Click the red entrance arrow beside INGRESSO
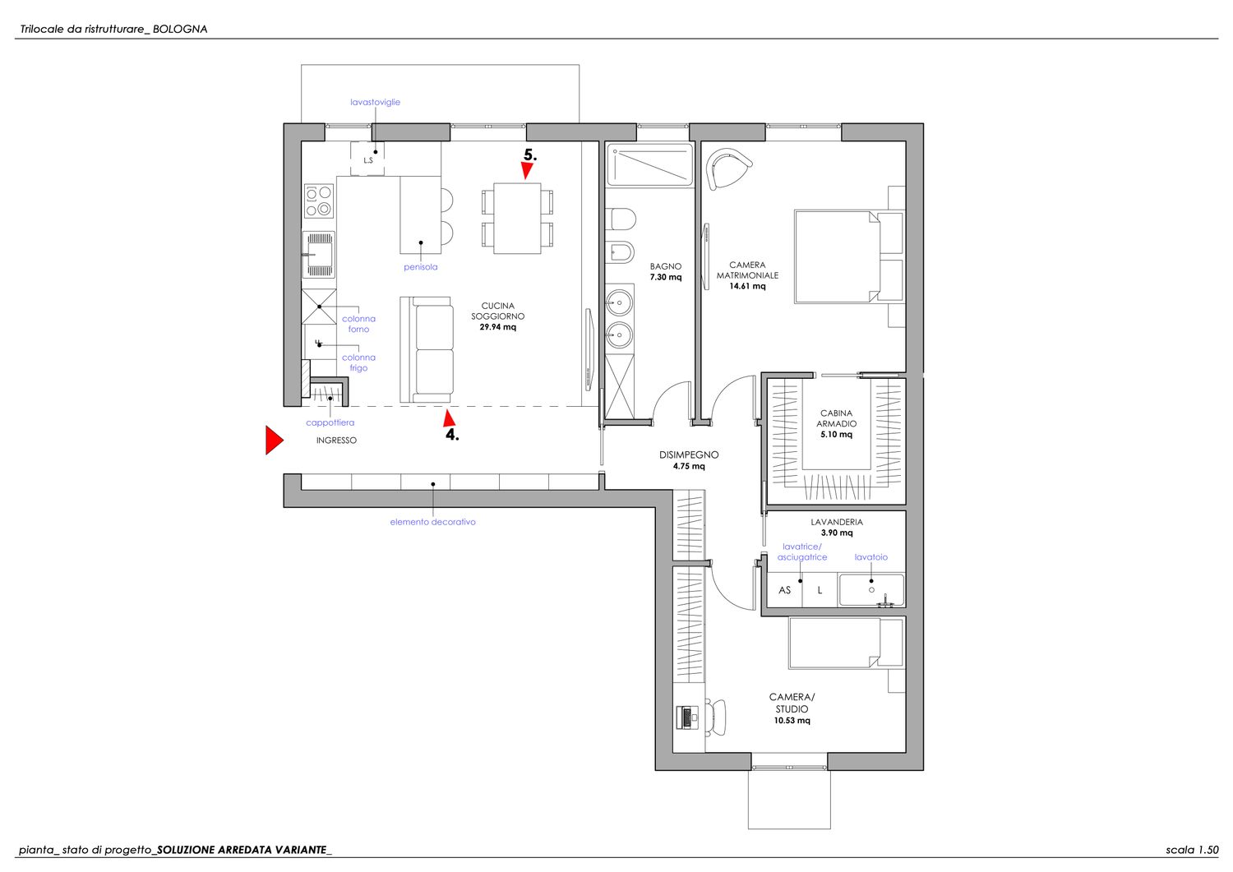pos(274,440)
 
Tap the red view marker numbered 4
pos(449,418)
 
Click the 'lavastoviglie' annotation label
pos(376,102)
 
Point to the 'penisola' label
pos(421,267)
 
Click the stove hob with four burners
pos(319,201)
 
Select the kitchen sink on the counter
pos(319,254)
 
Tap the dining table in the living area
pos(517,218)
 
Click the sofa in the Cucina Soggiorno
pos(427,349)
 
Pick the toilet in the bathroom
pos(622,219)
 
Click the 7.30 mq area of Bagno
pos(666,277)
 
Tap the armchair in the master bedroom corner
pos(727,168)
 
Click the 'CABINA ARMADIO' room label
pos(836,418)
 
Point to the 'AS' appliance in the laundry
pos(785,590)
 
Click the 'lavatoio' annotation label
pos(870,557)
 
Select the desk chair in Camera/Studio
pos(716,717)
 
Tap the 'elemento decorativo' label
pos(432,522)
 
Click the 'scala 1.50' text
pos(1192,850)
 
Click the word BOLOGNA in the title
pos(180,30)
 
